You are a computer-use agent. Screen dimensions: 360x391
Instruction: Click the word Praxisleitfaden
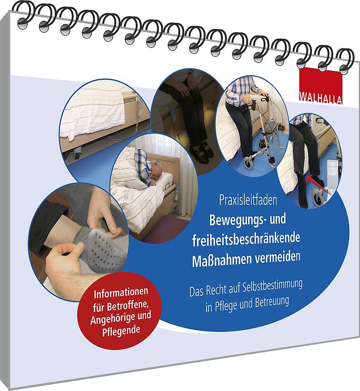(248, 200)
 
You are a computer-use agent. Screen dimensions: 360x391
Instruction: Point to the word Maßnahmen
(219, 261)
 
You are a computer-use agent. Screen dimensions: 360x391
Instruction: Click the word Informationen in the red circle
(121, 292)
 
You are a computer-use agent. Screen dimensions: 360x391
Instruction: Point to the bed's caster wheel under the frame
(78, 152)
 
